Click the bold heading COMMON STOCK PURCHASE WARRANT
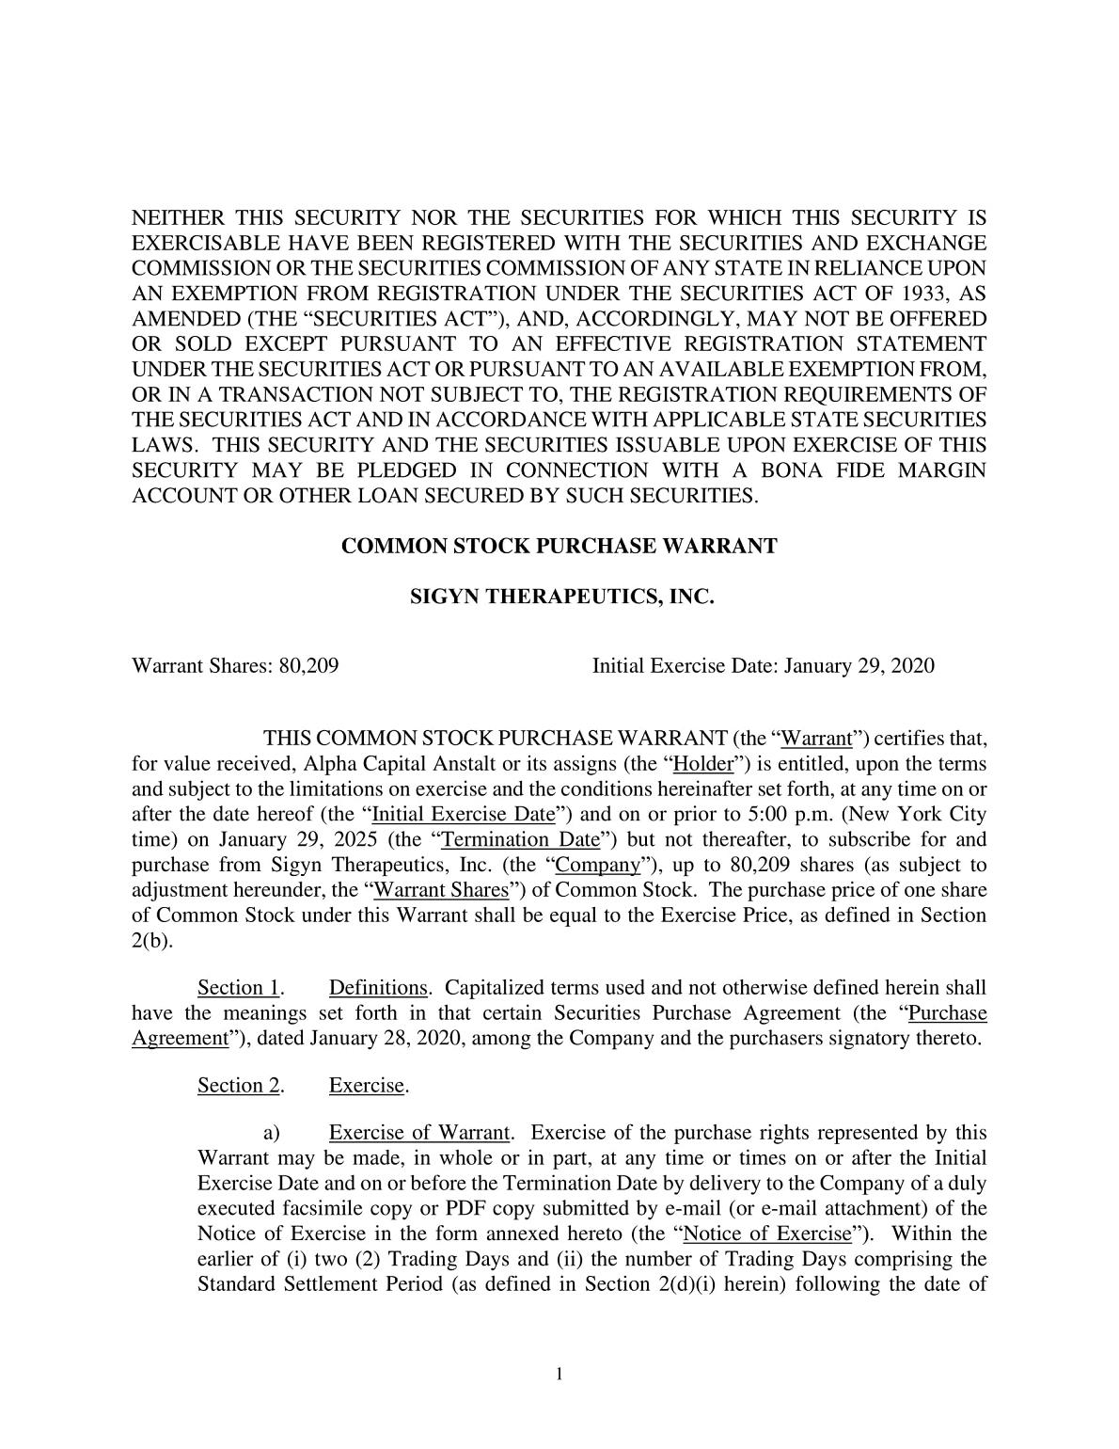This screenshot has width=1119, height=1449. tap(559, 546)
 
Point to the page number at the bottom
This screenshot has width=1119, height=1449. tap(559, 1375)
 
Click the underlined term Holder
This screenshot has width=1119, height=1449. tap(703, 764)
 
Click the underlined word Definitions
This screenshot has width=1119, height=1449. tap(378, 988)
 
